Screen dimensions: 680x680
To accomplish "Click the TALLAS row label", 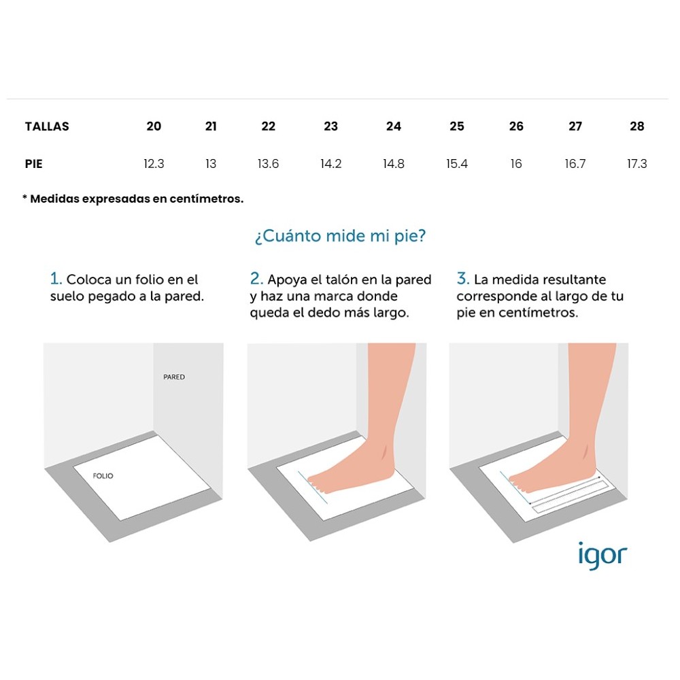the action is tap(47, 126).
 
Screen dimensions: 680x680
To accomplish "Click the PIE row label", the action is tap(34, 164).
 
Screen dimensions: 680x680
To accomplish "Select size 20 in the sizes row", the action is tap(154, 126).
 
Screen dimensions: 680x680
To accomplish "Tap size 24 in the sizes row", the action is tap(393, 126).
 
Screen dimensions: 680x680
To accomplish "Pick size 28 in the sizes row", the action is tap(636, 126).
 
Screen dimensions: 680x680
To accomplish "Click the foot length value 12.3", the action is tap(154, 164).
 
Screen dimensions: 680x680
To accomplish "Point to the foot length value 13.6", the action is tap(268, 164).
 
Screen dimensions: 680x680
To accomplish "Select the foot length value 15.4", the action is tap(457, 164).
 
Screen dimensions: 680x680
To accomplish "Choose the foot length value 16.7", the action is tap(575, 164).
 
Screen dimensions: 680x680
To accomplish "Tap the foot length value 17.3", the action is tap(636, 164).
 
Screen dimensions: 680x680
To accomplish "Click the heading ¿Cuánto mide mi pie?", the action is tap(341, 236).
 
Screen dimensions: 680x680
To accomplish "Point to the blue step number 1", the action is tap(56, 278).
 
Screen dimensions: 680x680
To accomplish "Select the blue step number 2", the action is tap(256, 278).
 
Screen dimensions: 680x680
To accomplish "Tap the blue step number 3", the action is tap(462, 278).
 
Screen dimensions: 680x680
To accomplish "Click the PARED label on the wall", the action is tap(174, 377).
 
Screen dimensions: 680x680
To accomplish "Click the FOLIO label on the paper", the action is tap(103, 476).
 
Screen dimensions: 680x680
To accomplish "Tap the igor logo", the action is tap(602, 556).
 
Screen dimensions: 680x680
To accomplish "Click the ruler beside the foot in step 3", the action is tap(571, 497).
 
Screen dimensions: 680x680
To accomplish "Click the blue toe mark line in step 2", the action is tap(313, 488).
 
